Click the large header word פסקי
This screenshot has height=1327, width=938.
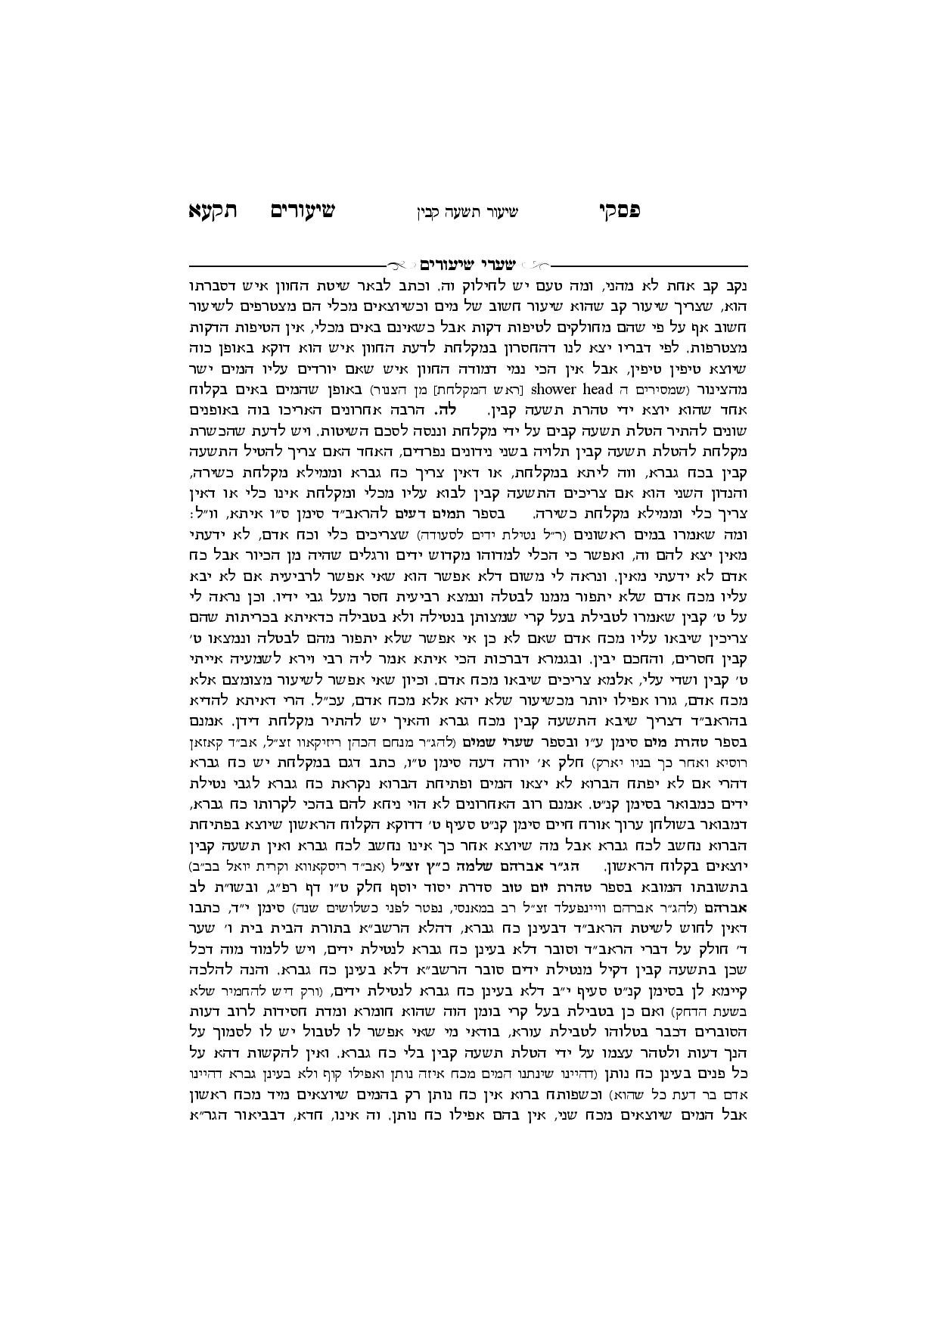[x=620, y=211]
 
